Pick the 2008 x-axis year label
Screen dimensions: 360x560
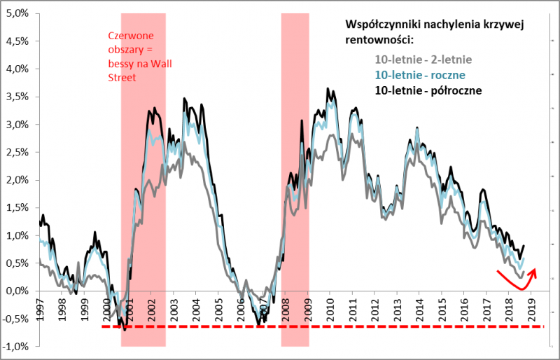coord(286,308)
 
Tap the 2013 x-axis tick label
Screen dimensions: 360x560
coord(397,308)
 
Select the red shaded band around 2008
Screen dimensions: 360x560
coord(295,210)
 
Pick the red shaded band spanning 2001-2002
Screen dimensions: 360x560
coord(143,210)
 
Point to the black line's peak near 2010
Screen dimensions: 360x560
coord(328,89)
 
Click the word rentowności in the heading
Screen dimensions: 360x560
coord(375,41)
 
